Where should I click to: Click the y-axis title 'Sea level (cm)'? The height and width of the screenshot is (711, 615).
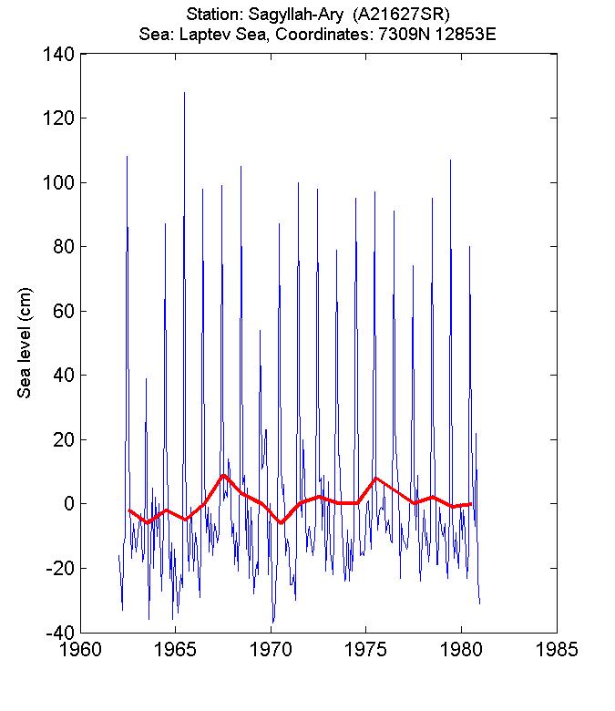click(x=26, y=344)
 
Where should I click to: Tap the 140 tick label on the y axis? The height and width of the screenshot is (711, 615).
click(x=57, y=55)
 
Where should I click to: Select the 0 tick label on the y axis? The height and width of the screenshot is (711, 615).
click(x=67, y=504)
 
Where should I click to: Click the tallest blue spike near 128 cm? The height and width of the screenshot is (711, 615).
click(x=184, y=92)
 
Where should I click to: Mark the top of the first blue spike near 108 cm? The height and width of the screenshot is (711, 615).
click(x=127, y=156)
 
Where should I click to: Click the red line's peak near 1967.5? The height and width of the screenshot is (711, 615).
click(x=223, y=475)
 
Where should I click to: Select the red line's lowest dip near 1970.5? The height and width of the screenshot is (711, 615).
click(x=281, y=523)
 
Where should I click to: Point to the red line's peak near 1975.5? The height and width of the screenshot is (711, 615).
click(x=375, y=478)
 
